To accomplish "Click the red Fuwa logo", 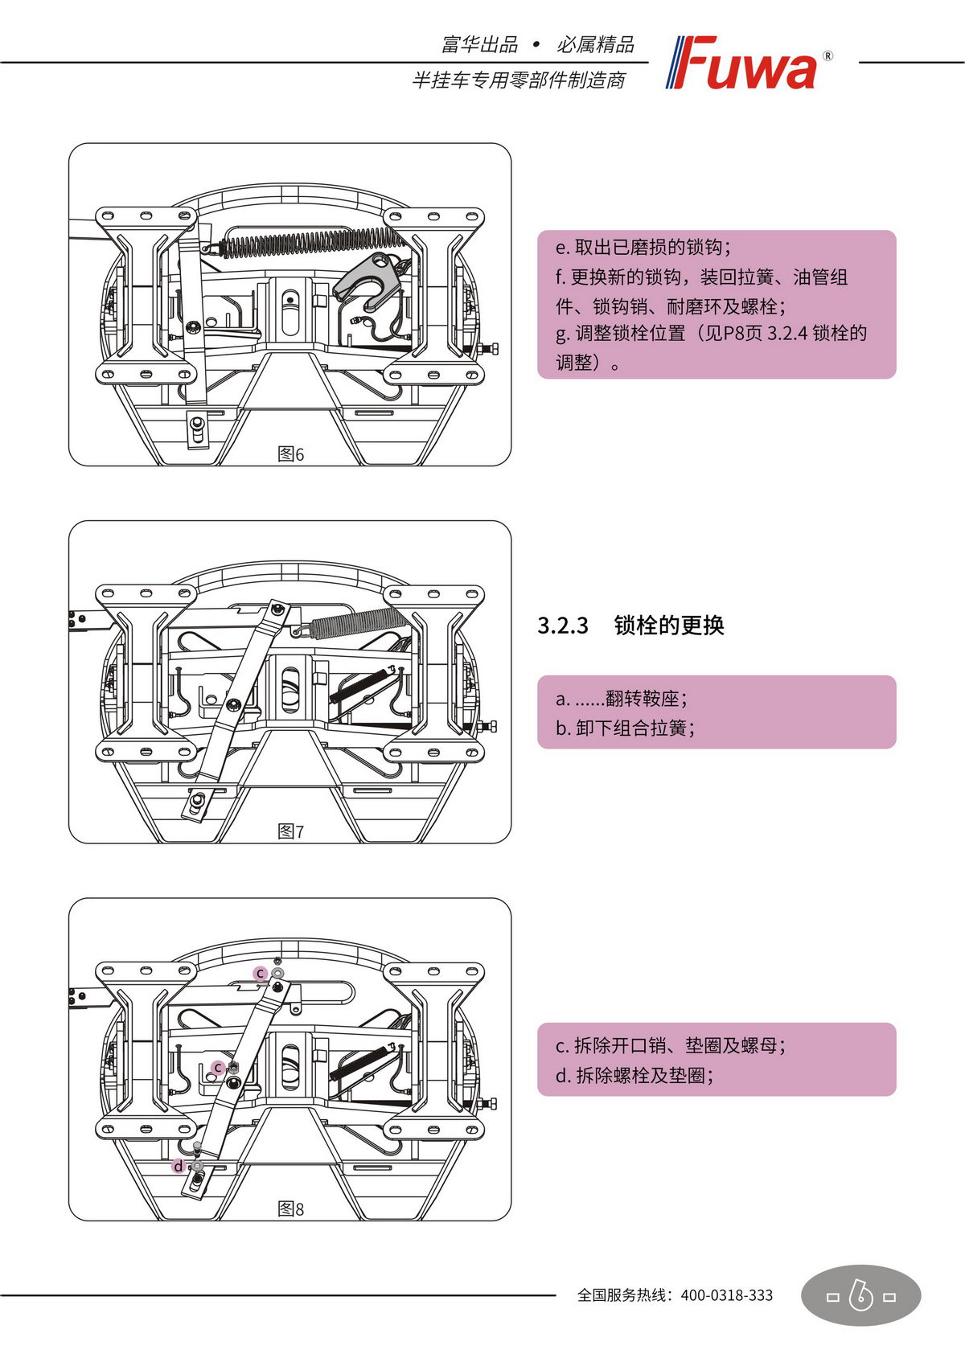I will [744, 63].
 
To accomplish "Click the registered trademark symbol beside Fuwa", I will [828, 56].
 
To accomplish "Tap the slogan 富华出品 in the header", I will [480, 44].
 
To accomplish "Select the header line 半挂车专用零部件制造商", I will [519, 80].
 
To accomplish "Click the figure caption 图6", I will [291, 454].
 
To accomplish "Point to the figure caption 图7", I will [291, 831].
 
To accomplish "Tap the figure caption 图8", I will [291, 1208].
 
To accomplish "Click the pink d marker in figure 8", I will [179, 1166].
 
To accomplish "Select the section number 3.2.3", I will [563, 626].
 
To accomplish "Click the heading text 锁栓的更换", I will [669, 626].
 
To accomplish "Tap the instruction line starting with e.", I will [643, 247].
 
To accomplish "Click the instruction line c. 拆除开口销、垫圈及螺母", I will [671, 1045].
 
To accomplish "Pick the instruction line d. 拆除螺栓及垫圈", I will [634, 1075].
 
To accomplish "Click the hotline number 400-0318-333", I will [726, 1295].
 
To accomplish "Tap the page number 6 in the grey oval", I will [861, 1295].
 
